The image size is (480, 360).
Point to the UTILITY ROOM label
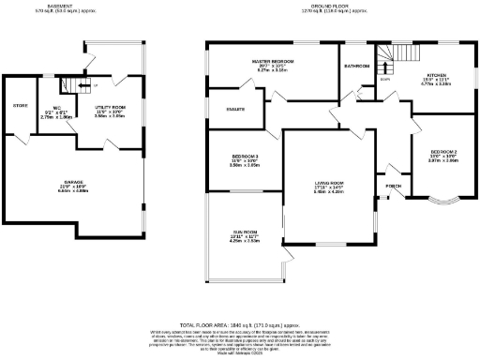[x=110, y=108]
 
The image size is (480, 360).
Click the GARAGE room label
[x=73, y=186]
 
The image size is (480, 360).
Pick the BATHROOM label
[x=358, y=67]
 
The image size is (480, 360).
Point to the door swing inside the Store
[x=21, y=134]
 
